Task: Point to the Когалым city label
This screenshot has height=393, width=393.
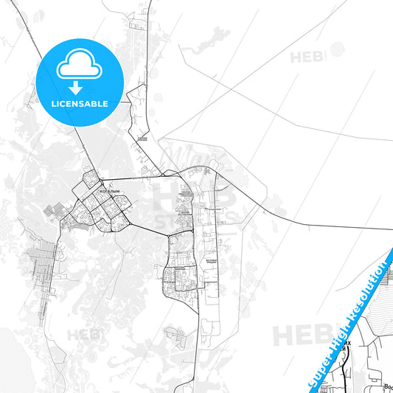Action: tap(108, 189)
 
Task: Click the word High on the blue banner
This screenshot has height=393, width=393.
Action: tap(346, 333)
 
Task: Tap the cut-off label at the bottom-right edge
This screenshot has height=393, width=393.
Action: tap(388, 386)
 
